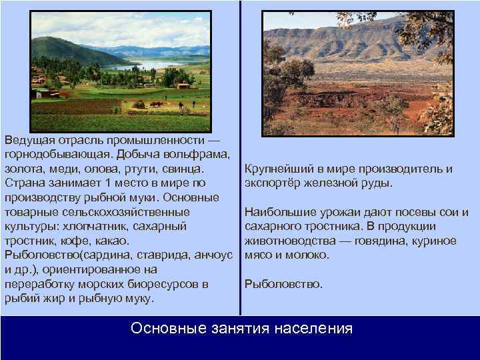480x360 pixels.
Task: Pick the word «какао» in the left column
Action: (x=111, y=240)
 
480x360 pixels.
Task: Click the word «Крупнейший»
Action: (x=277, y=168)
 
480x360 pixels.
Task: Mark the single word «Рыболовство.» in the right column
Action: (x=283, y=284)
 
